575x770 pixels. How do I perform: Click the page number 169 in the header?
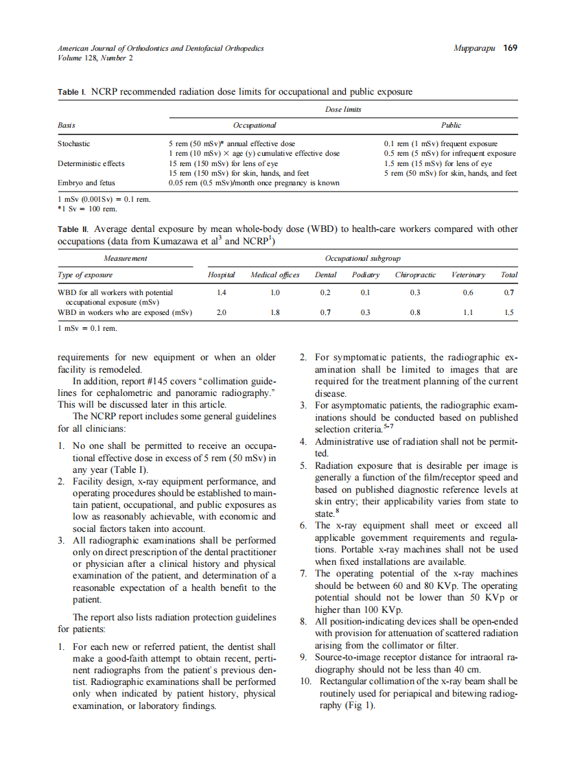(x=510, y=48)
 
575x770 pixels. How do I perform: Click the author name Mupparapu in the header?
(x=474, y=48)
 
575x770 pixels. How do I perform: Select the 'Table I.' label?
(x=72, y=91)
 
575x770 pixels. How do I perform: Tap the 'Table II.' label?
(x=73, y=229)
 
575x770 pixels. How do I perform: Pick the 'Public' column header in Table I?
(x=451, y=126)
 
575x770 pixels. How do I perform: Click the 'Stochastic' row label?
(x=73, y=144)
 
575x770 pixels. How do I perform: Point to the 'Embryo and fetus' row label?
(x=85, y=183)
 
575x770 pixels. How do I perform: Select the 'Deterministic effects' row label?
(x=91, y=164)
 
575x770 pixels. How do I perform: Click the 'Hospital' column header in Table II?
(x=221, y=275)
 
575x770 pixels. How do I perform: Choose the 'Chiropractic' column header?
(x=415, y=275)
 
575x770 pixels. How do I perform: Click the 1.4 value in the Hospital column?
(x=221, y=292)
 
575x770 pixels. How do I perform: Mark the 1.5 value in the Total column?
(x=508, y=312)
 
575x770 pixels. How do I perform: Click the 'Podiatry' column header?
(x=366, y=275)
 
